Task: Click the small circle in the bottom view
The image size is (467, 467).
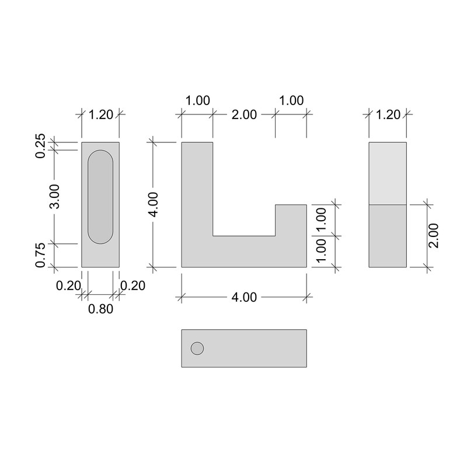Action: pos(197,348)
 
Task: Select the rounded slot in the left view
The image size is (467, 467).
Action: pos(100,197)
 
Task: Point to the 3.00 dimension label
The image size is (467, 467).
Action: pos(54,197)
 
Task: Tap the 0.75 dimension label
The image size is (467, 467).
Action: pos(40,255)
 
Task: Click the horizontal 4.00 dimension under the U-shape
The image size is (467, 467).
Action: pos(244,297)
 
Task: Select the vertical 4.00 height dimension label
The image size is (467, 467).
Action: pos(153,205)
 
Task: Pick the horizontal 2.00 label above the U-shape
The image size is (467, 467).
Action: pos(244,114)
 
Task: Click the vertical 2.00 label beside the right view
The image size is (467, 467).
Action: pos(433,236)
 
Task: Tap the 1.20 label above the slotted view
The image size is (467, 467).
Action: pos(100,114)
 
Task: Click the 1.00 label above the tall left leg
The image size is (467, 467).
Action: pos(197,100)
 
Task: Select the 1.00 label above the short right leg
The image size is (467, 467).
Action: pos(291,100)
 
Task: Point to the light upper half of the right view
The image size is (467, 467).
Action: pos(388,173)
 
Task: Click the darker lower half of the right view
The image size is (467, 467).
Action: pos(388,236)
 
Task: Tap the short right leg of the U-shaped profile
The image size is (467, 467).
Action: pos(291,221)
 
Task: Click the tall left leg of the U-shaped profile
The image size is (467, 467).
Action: pos(197,187)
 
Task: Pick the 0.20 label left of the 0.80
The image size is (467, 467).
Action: pos(68,285)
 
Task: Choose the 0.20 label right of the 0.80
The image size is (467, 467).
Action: pos(133,285)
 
